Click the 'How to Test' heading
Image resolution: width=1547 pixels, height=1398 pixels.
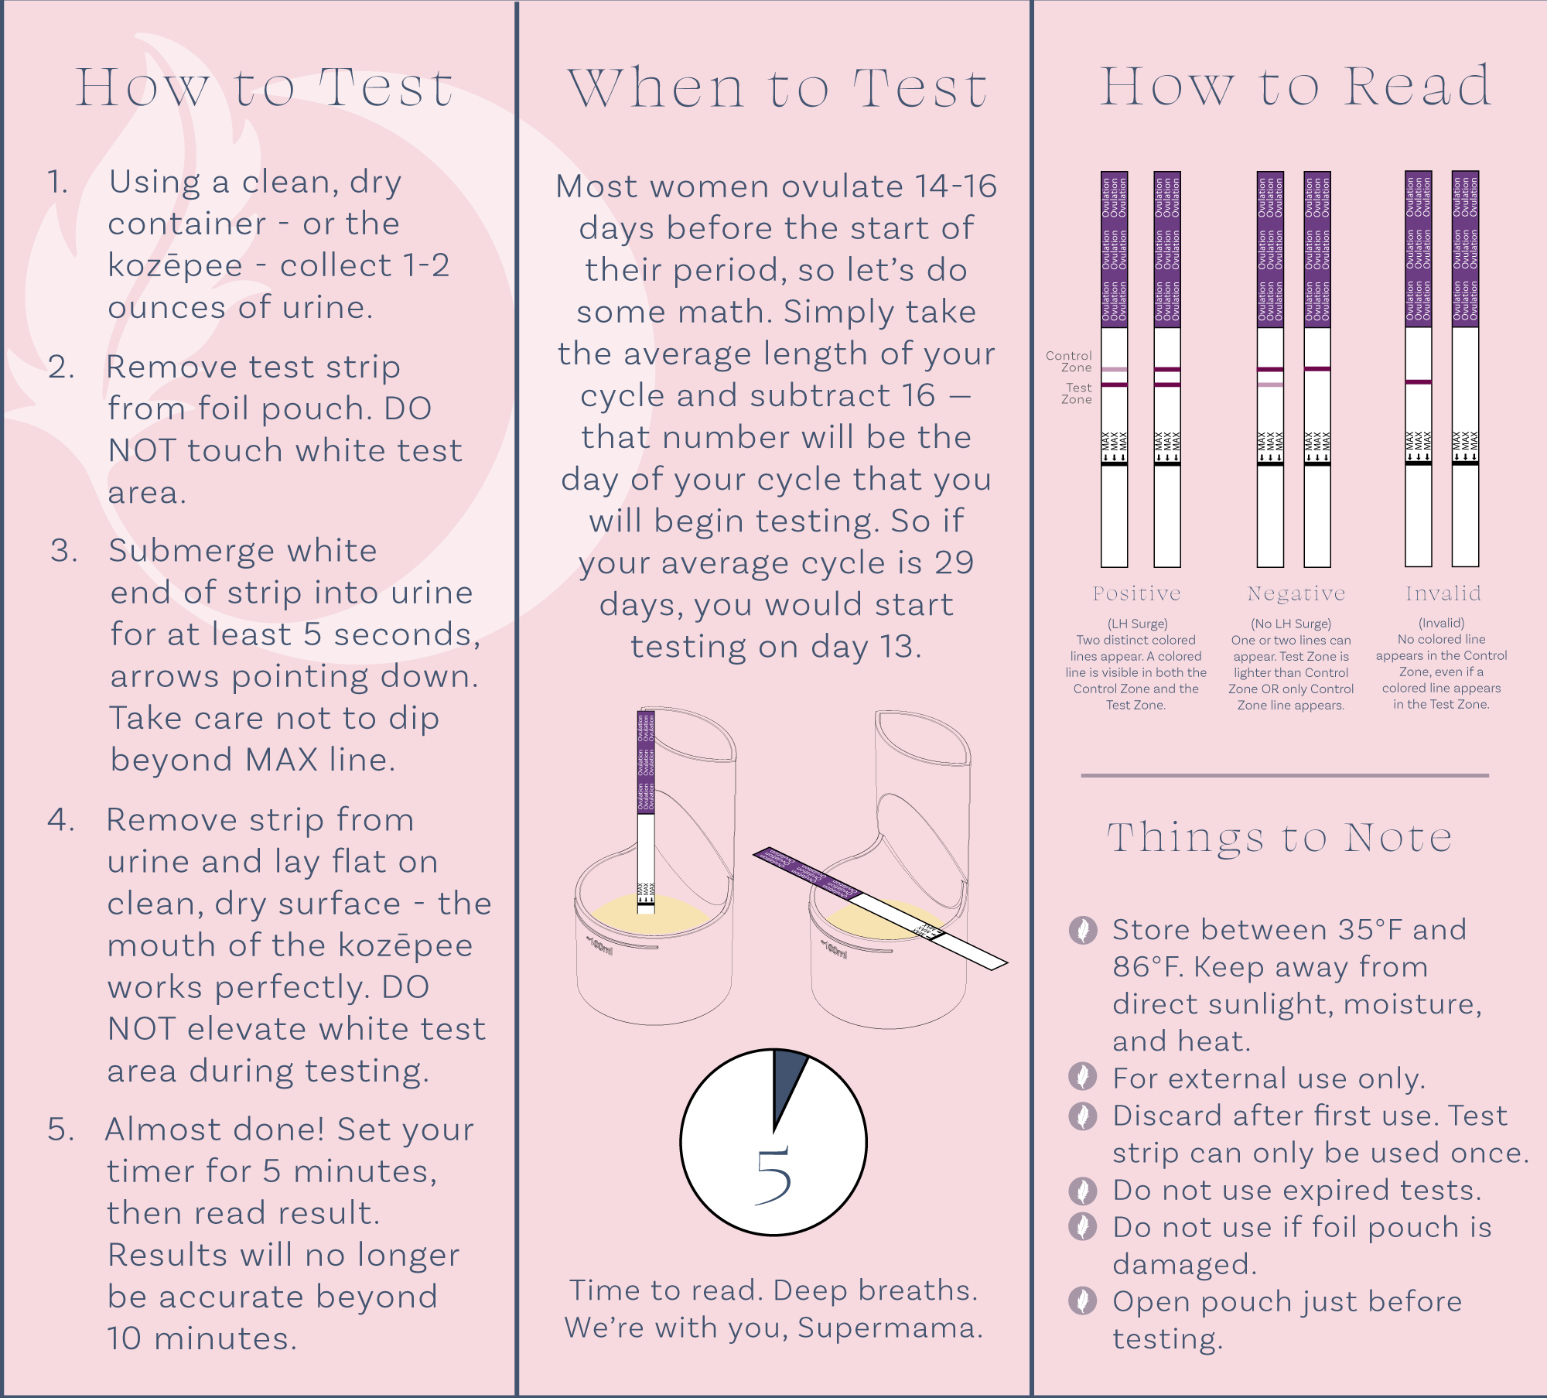[264, 87]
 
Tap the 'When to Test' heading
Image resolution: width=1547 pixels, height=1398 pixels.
[777, 88]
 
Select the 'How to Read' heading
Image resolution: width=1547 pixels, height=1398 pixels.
[1296, 86]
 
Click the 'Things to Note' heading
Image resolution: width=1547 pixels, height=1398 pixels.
[1280, 838]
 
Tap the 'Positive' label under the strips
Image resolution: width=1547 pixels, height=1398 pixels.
[1136, 593]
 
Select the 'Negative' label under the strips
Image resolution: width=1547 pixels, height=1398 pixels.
[1296, 593]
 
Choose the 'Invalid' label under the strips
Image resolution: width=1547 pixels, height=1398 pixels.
[1443, 593]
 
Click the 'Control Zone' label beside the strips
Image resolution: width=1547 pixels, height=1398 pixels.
[1070, 361]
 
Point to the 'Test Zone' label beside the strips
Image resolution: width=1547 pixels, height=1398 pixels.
[1077, 393]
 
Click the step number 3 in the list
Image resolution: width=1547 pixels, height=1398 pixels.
[65, 551]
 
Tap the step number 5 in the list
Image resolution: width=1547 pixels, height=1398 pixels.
[61, 1130]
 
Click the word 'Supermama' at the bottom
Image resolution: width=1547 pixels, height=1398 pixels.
[889, 1328]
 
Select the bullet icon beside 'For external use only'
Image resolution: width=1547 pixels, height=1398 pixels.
[1083, 1076]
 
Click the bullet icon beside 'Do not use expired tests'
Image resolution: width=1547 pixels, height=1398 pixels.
[1083, 1191]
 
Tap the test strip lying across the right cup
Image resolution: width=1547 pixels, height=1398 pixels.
[882, 909]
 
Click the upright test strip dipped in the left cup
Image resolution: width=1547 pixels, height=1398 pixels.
[646, 812]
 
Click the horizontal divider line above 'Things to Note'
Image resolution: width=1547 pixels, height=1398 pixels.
[1284, 775]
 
